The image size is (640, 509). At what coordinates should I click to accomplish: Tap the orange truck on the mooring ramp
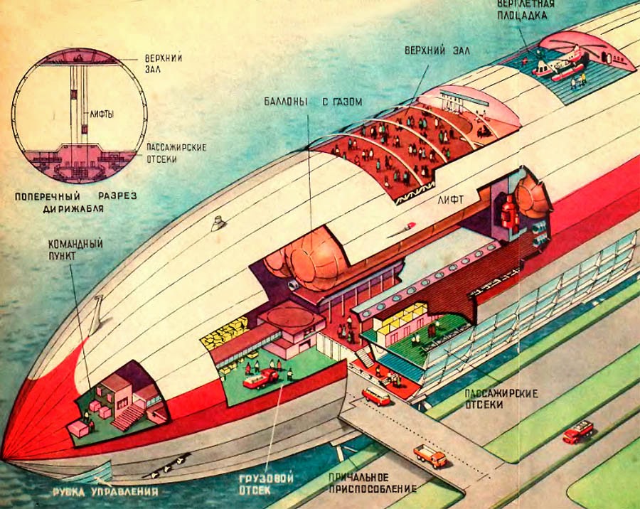pyautogui.click(x=430, y=455)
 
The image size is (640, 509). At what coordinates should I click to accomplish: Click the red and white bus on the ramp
pyautogui.click(x=376, y=396)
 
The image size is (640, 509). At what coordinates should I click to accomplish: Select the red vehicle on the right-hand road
pyautogui.click(x=577, y=432)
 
